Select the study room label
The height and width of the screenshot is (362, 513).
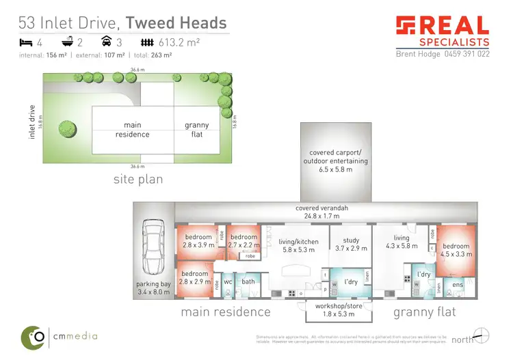(351, 245)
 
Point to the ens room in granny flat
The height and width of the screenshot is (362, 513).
(458, 283)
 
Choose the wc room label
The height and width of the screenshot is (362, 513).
(229, 281)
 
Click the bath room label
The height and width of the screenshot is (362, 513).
(248, 281)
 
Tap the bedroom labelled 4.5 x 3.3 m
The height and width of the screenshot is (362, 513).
(456, 250)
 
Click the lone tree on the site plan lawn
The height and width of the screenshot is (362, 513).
(67, 127)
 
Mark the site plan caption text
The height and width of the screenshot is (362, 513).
(137, 180)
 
